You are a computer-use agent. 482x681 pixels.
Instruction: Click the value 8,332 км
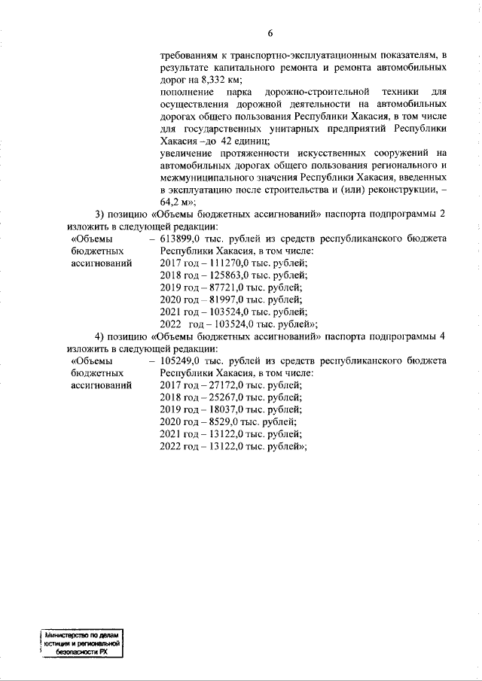click(226, 79)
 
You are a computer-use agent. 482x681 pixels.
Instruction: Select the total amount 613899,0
click(181, 238)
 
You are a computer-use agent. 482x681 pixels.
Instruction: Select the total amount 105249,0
click(181, 360)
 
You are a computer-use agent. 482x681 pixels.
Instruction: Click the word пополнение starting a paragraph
click(188, 91)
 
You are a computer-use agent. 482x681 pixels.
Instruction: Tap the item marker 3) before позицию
click(100, 213)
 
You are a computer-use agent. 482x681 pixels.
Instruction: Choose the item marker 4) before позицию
click(100, 336)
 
